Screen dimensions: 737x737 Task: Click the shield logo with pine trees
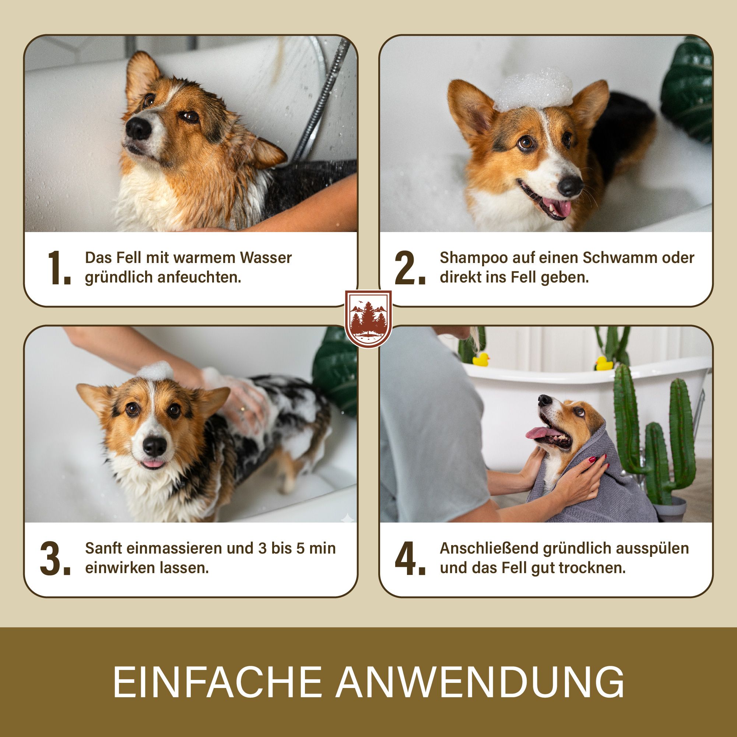point(368,319)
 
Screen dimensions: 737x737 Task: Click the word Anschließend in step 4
point(489,548)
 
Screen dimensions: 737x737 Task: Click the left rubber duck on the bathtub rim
point(481,359)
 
